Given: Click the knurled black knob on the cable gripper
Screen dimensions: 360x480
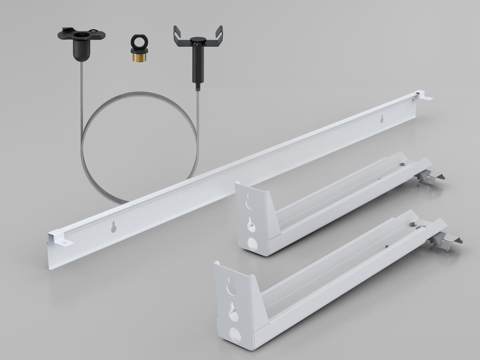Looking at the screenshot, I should (x=196, y=40).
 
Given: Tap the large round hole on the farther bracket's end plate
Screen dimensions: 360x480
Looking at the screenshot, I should (x=252, y=244).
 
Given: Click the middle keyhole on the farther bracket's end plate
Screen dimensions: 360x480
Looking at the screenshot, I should (x=250, y=223).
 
